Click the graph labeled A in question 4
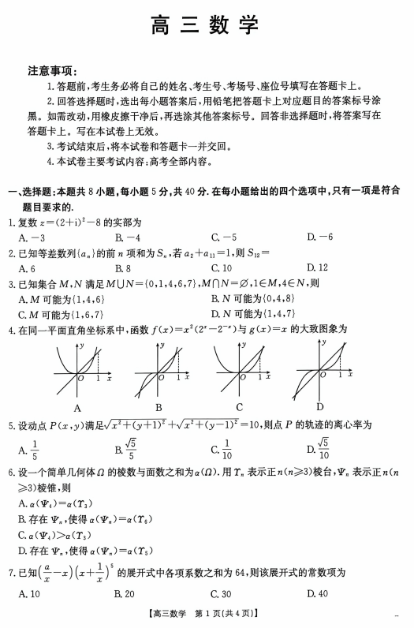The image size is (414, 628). [78, 370]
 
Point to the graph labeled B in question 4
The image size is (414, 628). [159, 370]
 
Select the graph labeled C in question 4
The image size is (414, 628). [238, 370]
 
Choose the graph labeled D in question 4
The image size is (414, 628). [319, 370]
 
